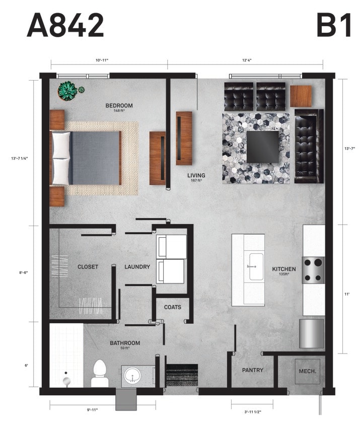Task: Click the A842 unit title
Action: click(65, 25)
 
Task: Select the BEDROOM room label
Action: click(119, 106)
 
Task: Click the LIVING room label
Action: click(196, 176)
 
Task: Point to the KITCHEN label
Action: click(284, 269)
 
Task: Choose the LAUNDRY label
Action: click(137, 267)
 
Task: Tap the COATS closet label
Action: click(172, 307)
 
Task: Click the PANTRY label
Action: click(252, 370)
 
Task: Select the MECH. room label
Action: click(307, 371)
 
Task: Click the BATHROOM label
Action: click(125, 343)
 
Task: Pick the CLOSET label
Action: click(88, 267)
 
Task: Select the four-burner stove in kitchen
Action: click(313, 270)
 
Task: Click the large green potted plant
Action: click(67, 91)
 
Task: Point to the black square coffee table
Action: click(262, 147)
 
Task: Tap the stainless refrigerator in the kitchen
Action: click(312, 333)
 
